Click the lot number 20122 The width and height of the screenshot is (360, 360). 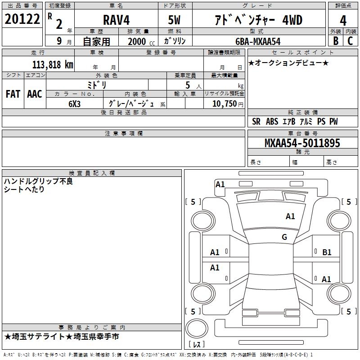[22, 19]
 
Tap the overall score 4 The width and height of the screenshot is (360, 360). [343, 20]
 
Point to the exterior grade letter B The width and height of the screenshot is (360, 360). [335, 41]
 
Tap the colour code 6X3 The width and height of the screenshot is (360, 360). [75, 103]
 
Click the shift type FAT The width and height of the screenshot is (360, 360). [13, 94]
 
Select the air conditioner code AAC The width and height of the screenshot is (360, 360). [34, 94]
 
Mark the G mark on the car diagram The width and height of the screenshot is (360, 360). [284, 237]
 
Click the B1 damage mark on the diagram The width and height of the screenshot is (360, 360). [327, 252]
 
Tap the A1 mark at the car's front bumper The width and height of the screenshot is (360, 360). [220, 184]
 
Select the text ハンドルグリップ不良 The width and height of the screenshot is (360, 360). [38, 181]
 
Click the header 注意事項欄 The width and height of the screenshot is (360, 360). [123, 134]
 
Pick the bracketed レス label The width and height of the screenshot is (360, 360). [197, 345]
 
